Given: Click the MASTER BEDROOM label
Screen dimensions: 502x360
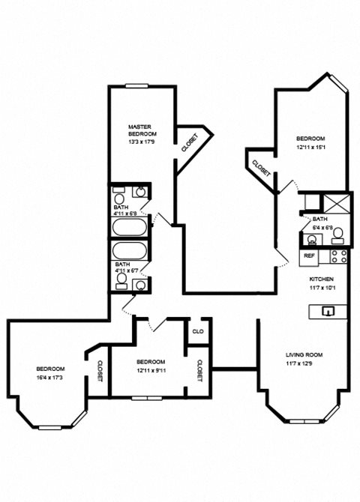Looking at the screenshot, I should (x=141, y=130).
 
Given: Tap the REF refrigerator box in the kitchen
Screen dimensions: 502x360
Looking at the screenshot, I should (x=309, y=256).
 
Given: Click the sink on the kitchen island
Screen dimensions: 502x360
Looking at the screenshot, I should (x=327, y=310).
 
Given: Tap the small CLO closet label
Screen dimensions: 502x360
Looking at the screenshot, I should (x=199, y=330).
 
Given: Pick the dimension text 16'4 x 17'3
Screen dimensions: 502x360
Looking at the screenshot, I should (x=50, y=377).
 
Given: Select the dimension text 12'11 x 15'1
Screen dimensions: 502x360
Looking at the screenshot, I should (x=310, y=147).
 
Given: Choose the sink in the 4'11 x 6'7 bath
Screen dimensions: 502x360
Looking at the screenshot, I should (x=140, y=283).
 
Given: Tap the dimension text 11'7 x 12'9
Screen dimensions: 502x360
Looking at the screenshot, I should (x=304, y=363).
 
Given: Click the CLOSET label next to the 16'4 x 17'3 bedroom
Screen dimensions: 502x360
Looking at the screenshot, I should (x=100, y=370).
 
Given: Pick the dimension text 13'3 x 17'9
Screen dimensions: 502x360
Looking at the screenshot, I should (x=141, y=141).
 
